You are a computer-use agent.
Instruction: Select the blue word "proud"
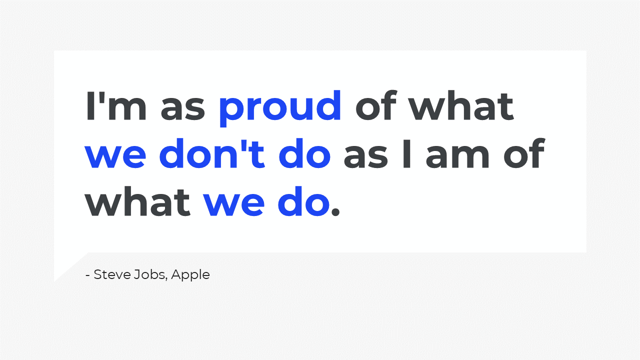coord(280,108)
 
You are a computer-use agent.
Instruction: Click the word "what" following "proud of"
coord(461,105)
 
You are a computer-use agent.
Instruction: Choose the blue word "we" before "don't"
coord(115,157)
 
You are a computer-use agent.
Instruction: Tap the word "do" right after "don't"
coord(304,153)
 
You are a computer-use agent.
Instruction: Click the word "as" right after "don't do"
coord(366,157)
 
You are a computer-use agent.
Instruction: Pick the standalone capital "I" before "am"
coord(406,154)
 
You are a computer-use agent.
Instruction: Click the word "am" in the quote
coord(457,157)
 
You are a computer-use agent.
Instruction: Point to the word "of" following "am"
coord(524,153)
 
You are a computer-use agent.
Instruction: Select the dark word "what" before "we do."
coord(137,201)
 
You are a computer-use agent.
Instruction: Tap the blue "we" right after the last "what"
coord(233,205)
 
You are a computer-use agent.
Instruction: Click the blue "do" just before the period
coord(304,201)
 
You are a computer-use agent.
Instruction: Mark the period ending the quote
coord(335,212)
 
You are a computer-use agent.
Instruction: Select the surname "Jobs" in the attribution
coord(150,274)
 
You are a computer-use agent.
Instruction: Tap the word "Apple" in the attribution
coord(190,275)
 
